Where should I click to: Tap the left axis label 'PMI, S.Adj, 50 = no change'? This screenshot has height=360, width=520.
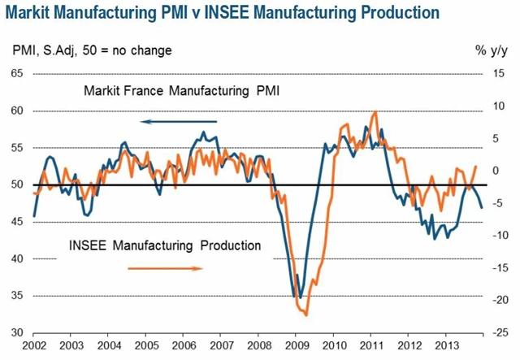click(x=91, y=51)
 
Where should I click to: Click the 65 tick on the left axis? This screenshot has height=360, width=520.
click(x=17, y=74)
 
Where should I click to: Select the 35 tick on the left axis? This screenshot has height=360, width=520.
click(x=17, y=296)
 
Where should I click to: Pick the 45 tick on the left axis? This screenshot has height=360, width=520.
click(x=17, y=222)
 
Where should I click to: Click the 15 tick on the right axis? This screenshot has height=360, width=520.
click(x=502, y=74)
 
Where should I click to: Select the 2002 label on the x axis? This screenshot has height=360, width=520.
click(x=33, y=345)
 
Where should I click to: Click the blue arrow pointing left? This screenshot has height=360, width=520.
click(x=171, y=122)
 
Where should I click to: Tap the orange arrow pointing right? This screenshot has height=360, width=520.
click(x=171, y=267)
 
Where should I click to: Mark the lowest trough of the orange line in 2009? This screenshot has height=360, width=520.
click(x=305, y=314)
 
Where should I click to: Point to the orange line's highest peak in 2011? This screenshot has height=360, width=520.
click(x=375, y=111)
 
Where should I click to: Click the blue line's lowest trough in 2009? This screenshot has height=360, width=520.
click(x=300, y=297)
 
